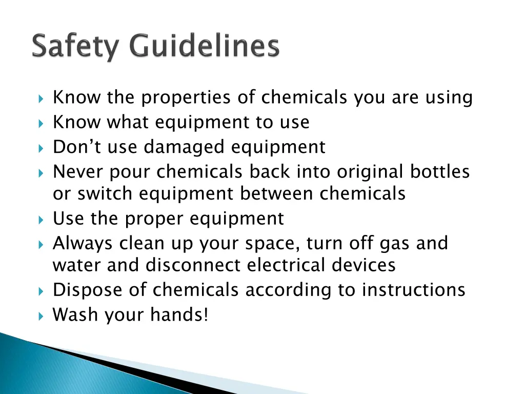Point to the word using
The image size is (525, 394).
[449, 97]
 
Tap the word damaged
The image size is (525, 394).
[185, 147]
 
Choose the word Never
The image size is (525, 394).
[77, 171]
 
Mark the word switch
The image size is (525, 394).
[106, 194]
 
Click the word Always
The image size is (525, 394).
[84, 243]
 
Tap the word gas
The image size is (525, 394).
[395, 243]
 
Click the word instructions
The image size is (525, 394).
[414, 290]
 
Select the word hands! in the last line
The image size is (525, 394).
[179, 315]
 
